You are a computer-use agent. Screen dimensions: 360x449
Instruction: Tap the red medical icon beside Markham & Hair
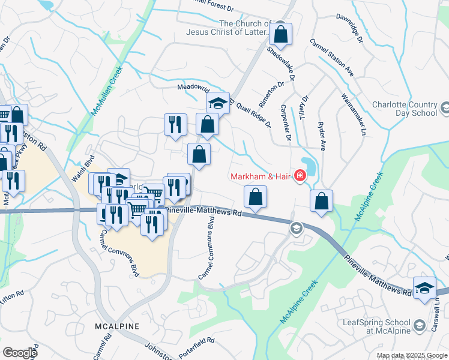coord(299,176)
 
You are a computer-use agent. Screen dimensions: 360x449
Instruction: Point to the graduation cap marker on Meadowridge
coord(218,103)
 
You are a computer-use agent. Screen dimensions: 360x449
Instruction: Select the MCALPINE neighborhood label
coord(117,326)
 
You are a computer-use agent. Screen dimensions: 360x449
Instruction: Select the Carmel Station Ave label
coord(331,58)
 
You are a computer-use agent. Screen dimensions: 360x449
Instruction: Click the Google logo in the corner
coord(20,353)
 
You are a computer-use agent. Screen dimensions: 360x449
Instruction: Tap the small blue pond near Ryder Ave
coord(309,164)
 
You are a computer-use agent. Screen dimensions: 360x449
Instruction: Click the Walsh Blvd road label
coord(83,170)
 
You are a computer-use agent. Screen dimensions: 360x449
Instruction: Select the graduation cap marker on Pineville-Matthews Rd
coord(424,287)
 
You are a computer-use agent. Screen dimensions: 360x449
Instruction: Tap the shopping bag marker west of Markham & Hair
coord(255,197)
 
